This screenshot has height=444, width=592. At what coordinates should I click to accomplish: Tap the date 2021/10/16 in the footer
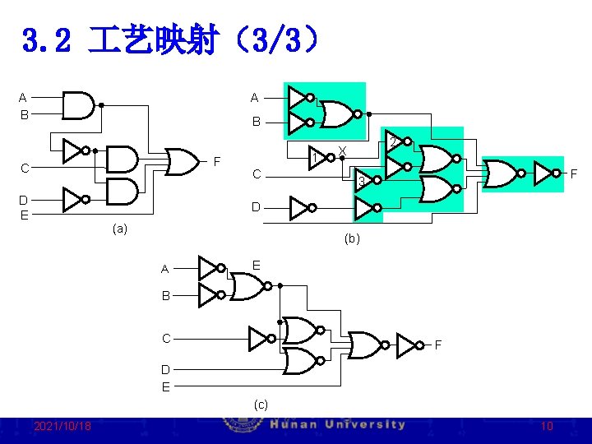click(x=62, y=426)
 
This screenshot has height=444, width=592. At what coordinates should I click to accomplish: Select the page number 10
click(x=547, y=426)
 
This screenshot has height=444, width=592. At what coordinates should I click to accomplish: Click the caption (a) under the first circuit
click(x=120, y=229)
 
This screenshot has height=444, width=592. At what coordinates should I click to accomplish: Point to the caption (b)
click(x=352, y=238)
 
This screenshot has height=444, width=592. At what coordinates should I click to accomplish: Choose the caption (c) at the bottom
click(x=261, y=404)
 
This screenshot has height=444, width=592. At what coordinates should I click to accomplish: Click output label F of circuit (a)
click(x=218, y=160)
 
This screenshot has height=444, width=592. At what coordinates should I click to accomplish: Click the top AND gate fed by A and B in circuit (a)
click(x=79, y=105)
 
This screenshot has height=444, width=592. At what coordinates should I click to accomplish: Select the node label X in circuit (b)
click(x=342, y=150)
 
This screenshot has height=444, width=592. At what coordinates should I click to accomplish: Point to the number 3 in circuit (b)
click(x=360, y=182)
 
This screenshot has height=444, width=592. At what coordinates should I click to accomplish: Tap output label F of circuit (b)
click(x=574, y=173)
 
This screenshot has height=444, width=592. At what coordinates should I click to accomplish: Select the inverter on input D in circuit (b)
click(x=299, y=206)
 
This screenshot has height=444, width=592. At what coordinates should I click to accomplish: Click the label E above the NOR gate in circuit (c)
click(x=257, y=266)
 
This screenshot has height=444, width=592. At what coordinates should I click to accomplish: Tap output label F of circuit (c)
click(x=437, y=345)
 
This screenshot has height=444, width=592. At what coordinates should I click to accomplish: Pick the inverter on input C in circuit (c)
click(x=260, y=338)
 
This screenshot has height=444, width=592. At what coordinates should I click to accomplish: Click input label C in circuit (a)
click(x=25, y=169)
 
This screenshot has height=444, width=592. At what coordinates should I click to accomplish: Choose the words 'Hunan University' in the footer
click(x=337, y=425)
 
